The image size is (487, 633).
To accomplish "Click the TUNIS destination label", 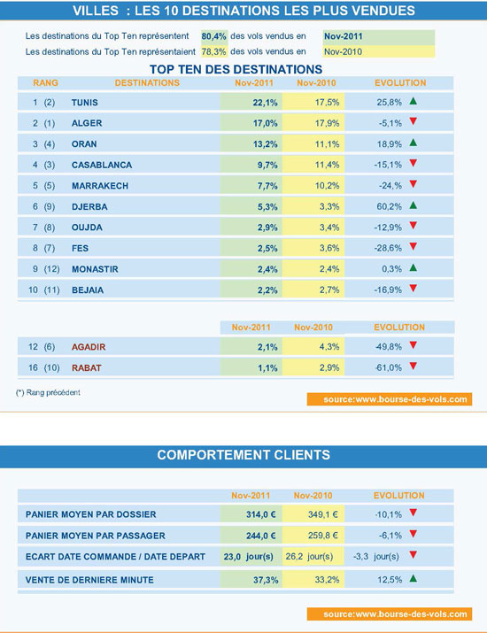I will point(85,102).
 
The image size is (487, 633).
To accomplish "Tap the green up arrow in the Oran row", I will point(413,143).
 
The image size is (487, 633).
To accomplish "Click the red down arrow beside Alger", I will point(413,122).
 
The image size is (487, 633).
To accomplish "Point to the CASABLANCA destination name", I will point(103,164).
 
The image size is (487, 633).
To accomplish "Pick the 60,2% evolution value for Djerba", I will point(390,205).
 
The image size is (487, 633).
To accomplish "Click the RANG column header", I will point(45,82).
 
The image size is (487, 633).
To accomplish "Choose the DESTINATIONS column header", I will point(147,82).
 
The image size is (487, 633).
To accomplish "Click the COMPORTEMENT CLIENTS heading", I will point(243,455).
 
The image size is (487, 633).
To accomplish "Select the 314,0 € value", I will point(262,514).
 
